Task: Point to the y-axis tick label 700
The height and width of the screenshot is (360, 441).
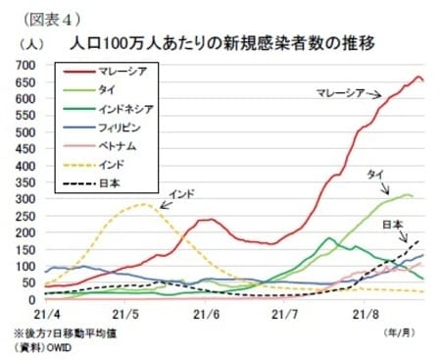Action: click(x=26, y=65)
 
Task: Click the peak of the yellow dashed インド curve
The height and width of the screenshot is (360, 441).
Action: click(x=144, y=204)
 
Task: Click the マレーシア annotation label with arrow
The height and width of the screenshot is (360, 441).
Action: click(x=339, y=93)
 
